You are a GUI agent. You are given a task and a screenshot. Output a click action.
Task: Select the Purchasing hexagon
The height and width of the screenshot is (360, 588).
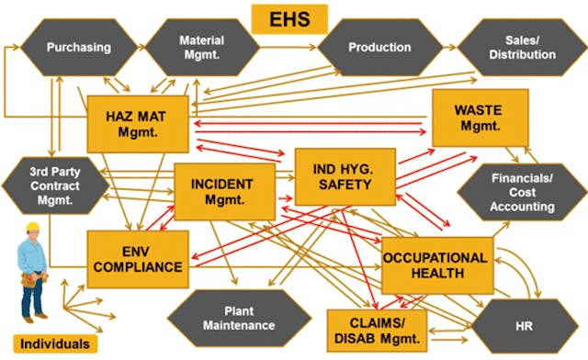click(78, 47)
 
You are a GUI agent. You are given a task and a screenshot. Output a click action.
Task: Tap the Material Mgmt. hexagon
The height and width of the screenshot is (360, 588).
click(201, 47)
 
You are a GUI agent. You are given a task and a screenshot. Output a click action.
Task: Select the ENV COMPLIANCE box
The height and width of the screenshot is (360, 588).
click(138, 260)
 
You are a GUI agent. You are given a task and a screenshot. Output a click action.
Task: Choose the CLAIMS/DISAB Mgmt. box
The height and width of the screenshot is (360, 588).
click(378, 328)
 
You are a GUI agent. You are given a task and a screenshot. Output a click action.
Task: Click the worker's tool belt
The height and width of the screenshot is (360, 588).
click(33, 275)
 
